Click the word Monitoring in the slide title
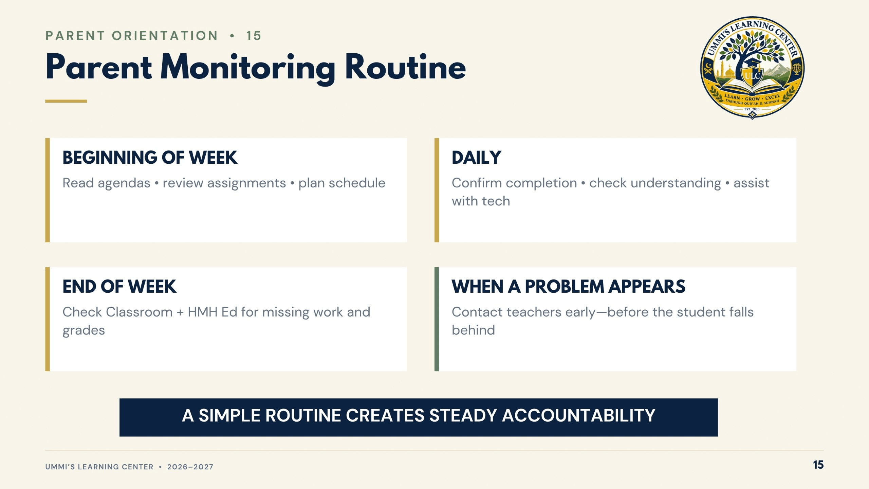pos(248,68)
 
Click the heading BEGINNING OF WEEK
pos(150,158)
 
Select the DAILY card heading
pos(476,158)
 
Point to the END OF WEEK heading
pos(119,287)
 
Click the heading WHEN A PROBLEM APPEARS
pos(568,287)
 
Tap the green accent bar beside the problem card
pos(437,319)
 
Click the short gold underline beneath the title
pos(66,101)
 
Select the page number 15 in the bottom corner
pos(818,465)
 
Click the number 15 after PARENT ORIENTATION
pos(254,36)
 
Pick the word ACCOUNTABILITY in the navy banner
pos(578,415)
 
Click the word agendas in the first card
pos(124,183)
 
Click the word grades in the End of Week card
pos(84,331)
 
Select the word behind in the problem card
pos(473,330)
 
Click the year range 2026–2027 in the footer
pos(190,467)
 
